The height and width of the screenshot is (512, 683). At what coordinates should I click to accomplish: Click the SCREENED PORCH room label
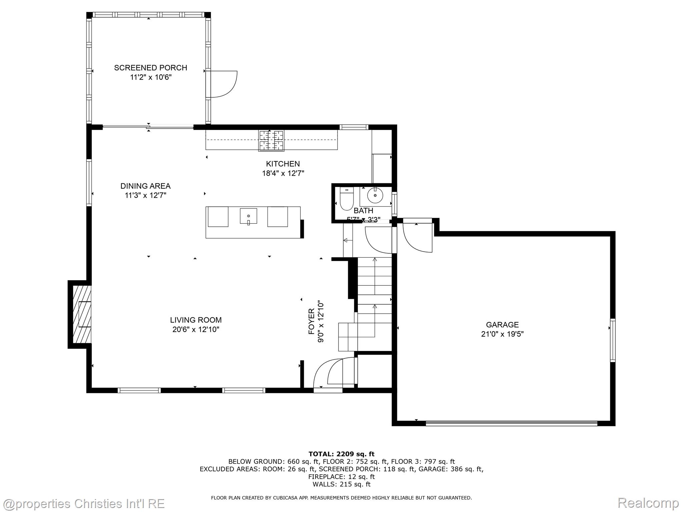tap(150, 68)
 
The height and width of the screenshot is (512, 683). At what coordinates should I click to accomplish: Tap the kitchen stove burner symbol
tap(271, 140)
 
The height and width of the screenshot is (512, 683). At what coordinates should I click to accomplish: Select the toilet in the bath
tap(347, 199)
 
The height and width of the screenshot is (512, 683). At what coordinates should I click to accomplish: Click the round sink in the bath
tap(375, 195)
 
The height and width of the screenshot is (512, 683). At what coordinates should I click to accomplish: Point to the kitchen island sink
tap(248, 216)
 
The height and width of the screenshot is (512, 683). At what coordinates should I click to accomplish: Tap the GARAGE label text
tap(502, 325)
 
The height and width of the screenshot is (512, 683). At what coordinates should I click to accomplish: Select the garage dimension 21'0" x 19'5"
tap(502, 334)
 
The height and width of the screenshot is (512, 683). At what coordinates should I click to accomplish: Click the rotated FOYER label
tap(311, 321)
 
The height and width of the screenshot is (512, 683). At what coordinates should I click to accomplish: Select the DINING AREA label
tap(145, 186)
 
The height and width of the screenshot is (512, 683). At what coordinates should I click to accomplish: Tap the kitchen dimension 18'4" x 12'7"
tap(283, 173)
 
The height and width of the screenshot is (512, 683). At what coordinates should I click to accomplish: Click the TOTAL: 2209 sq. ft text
tap(341, 454)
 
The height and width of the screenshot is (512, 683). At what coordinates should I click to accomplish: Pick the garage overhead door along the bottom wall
tap(511, 423)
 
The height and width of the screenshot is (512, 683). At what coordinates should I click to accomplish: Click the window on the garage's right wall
tap(613, 340)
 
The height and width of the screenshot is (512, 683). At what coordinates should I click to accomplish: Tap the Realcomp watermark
tap(648, 503)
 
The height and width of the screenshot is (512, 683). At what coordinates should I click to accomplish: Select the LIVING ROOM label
tap(196, 320)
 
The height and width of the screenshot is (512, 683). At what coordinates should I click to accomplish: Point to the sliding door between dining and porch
tap(148, 126)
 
